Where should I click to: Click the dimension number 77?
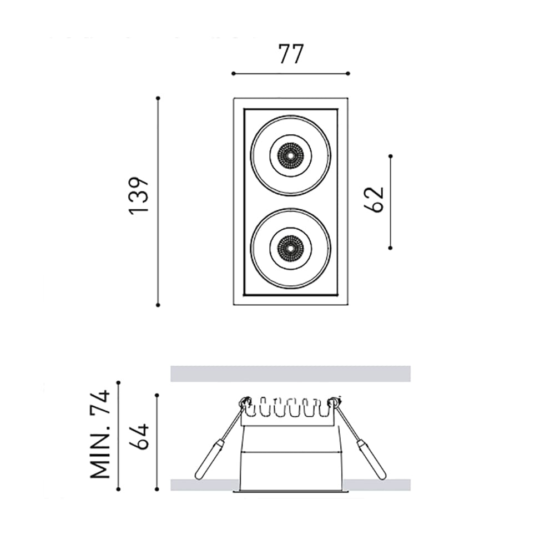[x=290, y=54]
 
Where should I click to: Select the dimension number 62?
[x=375, y=199]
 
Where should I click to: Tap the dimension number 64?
[x=139, y=437]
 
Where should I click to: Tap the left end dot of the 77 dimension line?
[x=233, y=73]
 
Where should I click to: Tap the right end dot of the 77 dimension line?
[x=348, y=73]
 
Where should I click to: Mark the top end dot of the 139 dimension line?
[x=158, y=98]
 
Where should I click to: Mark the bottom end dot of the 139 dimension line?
[x=158, y=305]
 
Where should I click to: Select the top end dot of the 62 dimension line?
[x=391, y=156]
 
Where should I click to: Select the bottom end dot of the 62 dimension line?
[x=391, y=248]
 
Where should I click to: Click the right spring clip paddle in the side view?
[x=371, y=460]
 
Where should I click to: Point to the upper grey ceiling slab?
[x=290, y=374]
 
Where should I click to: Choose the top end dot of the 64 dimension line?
[x=158, y=395]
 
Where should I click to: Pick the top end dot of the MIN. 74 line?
[x=118, y=382]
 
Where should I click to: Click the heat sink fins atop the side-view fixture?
[x=289, y=410]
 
